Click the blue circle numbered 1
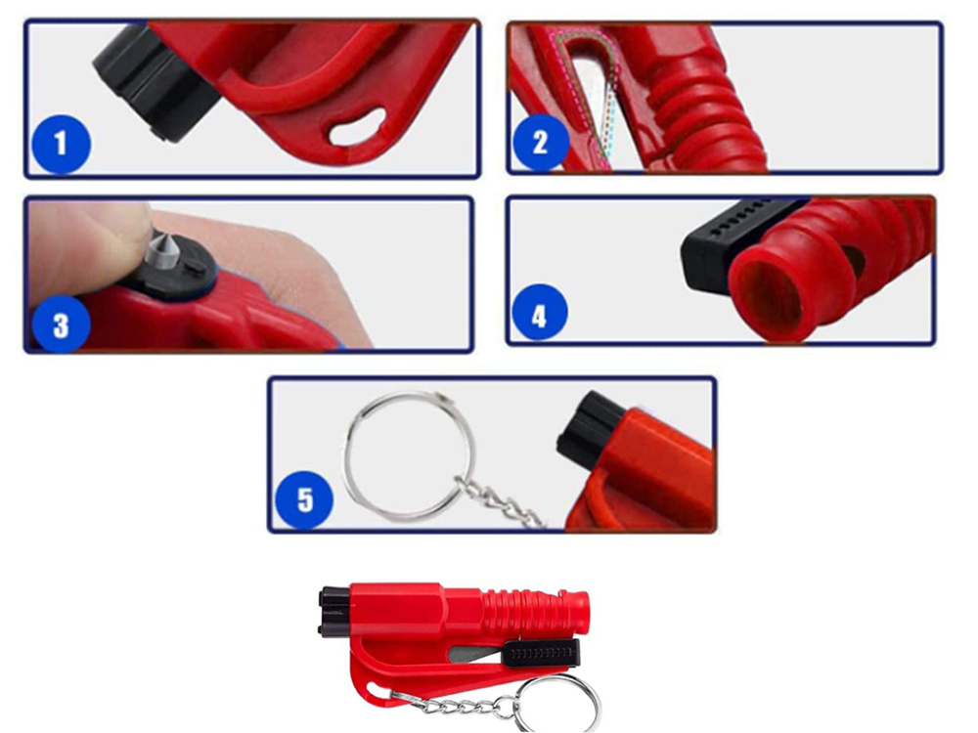point(61,144)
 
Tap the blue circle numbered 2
point(540,143)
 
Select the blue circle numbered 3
point(61,325)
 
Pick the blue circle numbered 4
point(540,313)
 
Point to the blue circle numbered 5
point(304,499)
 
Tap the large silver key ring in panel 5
point(411,456)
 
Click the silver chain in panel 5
point(499,502)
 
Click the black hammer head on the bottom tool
point(333,611)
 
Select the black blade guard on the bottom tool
point(541,653)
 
